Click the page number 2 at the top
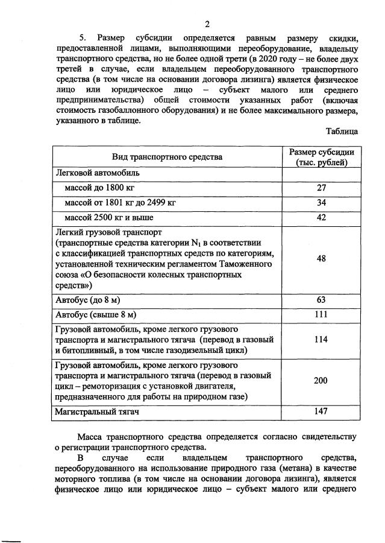click(x=207, y=25)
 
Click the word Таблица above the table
click(x=342, y=131)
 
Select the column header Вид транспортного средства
click(x=167, y=157)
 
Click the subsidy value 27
click(x=321, y=188)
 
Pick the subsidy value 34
click(x=321, y=203)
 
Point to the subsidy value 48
click(x=321, y=259)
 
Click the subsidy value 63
click(x=321, y=299)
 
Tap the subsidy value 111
click(x=321, y=314)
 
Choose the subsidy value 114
click(x=321, y=340)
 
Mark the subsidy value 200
click(x=321, y=381)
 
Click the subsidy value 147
click(x=321, y=411)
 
